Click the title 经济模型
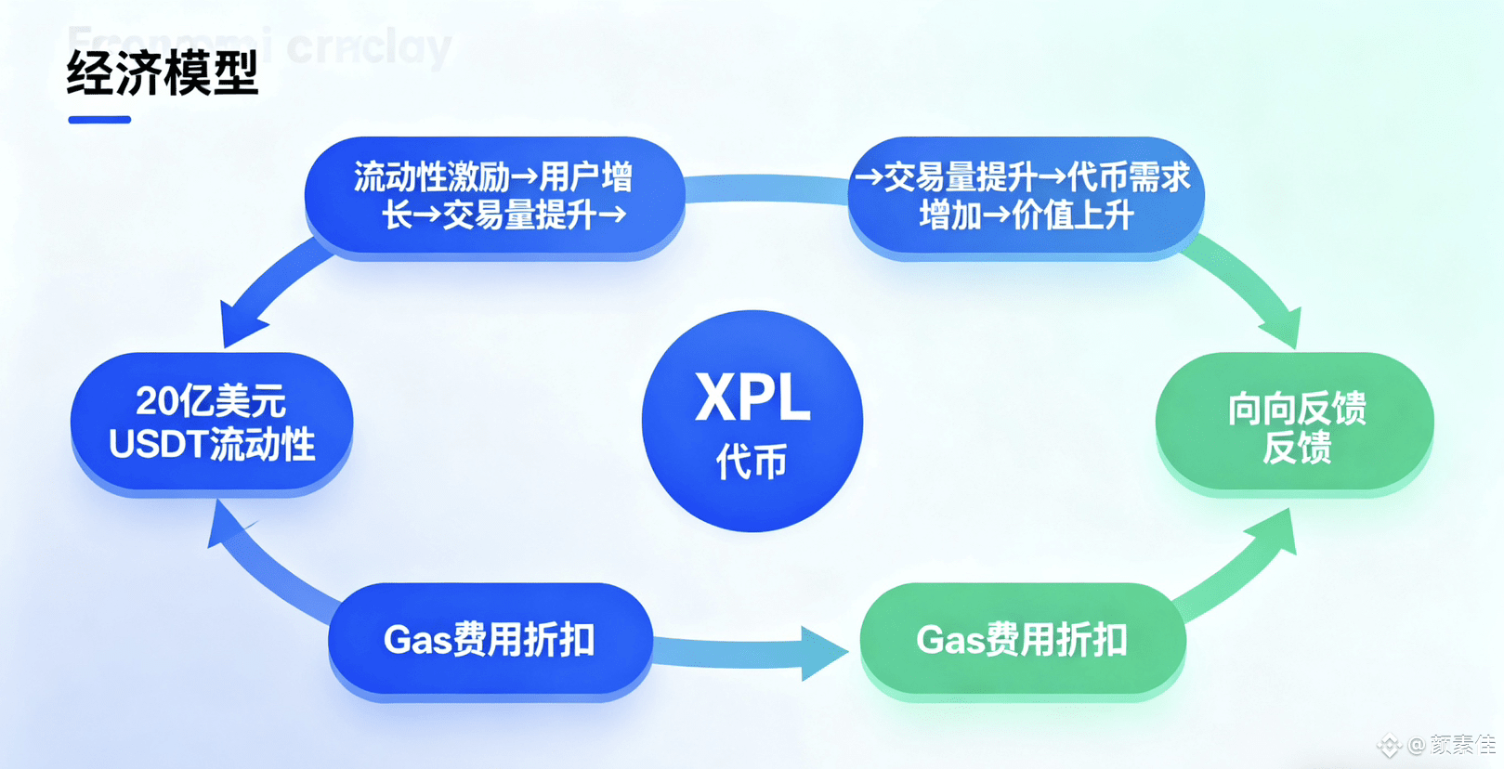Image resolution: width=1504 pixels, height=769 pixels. pos(163,73)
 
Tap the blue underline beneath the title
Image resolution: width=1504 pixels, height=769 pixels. pos(99,120)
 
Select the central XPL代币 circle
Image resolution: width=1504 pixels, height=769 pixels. pos(752,421)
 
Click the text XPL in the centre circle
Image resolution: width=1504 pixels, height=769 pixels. pos(752,398)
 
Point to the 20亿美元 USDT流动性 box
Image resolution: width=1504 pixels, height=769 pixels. pos(212,423)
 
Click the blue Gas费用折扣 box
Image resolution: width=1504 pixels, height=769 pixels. pos(490,640)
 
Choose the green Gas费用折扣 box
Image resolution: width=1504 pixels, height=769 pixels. pos(1022,640)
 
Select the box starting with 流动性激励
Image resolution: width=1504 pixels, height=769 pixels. pos(494,196)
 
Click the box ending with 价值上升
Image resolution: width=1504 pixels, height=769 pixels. pos(1026,196)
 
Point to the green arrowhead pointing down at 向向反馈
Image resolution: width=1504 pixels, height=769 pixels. pos(1282,329)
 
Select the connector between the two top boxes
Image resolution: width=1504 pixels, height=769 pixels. pos(766,189)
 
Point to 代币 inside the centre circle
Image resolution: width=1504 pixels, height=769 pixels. pos(752,462)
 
